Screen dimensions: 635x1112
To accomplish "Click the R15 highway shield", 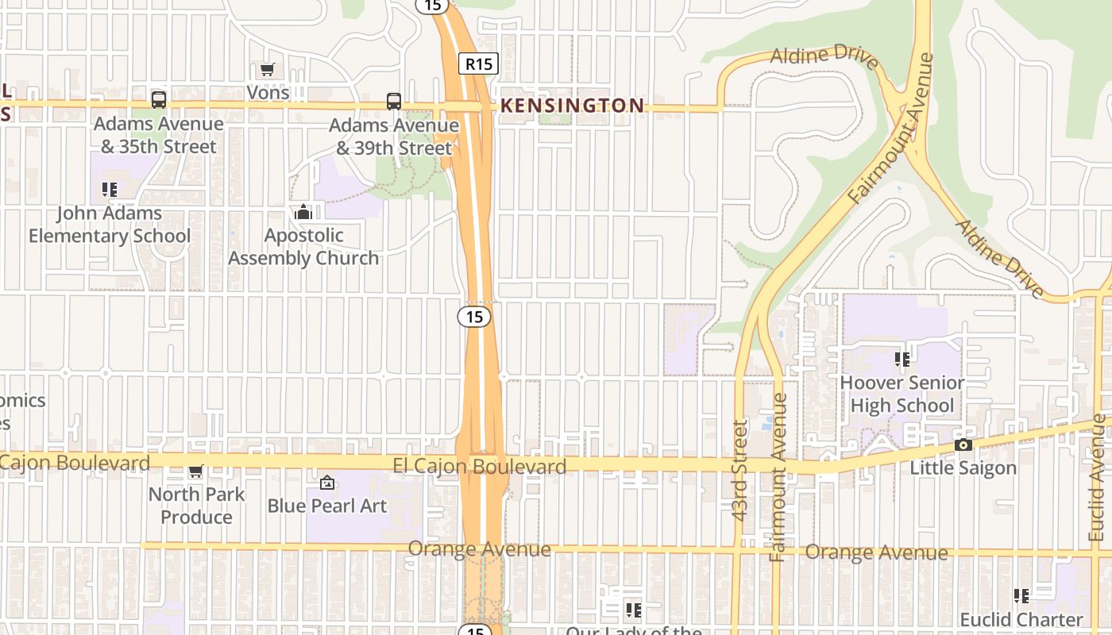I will tap(478, 64).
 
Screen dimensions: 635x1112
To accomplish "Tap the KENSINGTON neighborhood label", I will tap(572, 106).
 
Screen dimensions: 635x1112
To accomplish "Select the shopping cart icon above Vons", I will tap(268, 70).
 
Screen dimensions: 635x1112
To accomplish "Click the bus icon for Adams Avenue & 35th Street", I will tap(159, 100).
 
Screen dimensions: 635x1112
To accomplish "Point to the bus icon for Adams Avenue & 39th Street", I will tap(394, 101).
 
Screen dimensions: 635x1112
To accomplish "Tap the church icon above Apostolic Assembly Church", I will tap(303, 212).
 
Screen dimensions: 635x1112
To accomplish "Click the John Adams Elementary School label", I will tap(110, 225).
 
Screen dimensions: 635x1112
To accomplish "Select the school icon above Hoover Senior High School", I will tap(902, 360).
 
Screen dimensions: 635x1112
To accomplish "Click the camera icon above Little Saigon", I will tap(963, 444).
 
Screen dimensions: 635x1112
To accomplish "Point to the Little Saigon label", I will tap(963, 468).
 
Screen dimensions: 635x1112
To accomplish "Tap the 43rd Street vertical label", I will tap(740, 470).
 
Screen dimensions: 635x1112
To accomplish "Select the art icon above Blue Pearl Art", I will tap(326, 483).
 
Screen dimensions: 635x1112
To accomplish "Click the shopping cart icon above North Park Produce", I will tap(196, 471).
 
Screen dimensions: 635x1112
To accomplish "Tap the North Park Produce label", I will tap(196, 506).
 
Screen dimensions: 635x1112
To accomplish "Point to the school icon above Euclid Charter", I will tap(1021, 595).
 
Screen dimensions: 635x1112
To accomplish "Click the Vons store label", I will tap(268, 93).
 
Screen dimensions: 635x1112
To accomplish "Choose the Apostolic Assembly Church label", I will tap(303, 247).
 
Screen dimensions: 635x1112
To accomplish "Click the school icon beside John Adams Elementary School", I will tap(110, 190).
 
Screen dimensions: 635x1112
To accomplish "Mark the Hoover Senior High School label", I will tap(902, 394).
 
